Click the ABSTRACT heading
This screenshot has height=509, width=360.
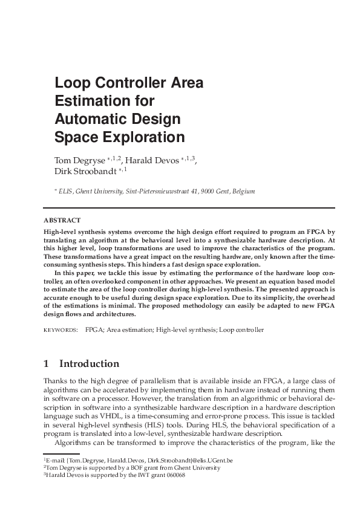pos(62,220)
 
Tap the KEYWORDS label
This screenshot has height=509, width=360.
pos(61,330)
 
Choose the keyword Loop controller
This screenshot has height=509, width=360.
pos(241,330)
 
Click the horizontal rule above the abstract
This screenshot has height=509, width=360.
pos(189,208)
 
